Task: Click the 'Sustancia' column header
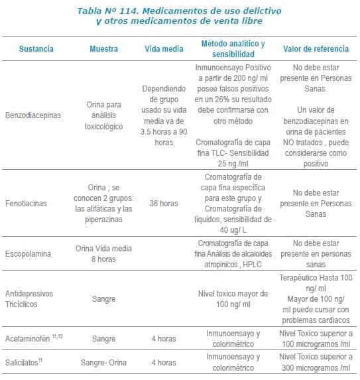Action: pyautogui.click(x=36, y=49)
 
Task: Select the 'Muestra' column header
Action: pyautogui.click(x=104, y=49)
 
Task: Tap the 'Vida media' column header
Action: pyautogui.click(x=163, y=49)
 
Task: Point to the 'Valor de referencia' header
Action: pyautogui.click(x=316, y=49)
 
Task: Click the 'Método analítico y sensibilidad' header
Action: pyautogui.click(x=233, y=49)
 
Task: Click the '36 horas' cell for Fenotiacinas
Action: pyautogui.click(x=163, y=204)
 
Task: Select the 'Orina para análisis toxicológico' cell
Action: pyautogui.click(x=104, y=115)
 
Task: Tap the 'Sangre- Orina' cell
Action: pyautogui.click(x=104, y=363)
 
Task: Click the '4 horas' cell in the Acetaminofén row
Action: pyautogui.click(x=163, y=339)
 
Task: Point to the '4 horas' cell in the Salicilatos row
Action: pyautogui.click(x=163, y=363)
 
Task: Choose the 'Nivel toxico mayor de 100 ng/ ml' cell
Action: pyautogui.click(x=233, y=298)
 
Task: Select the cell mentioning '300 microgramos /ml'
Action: pyautogui.click(x=316, y=363)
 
